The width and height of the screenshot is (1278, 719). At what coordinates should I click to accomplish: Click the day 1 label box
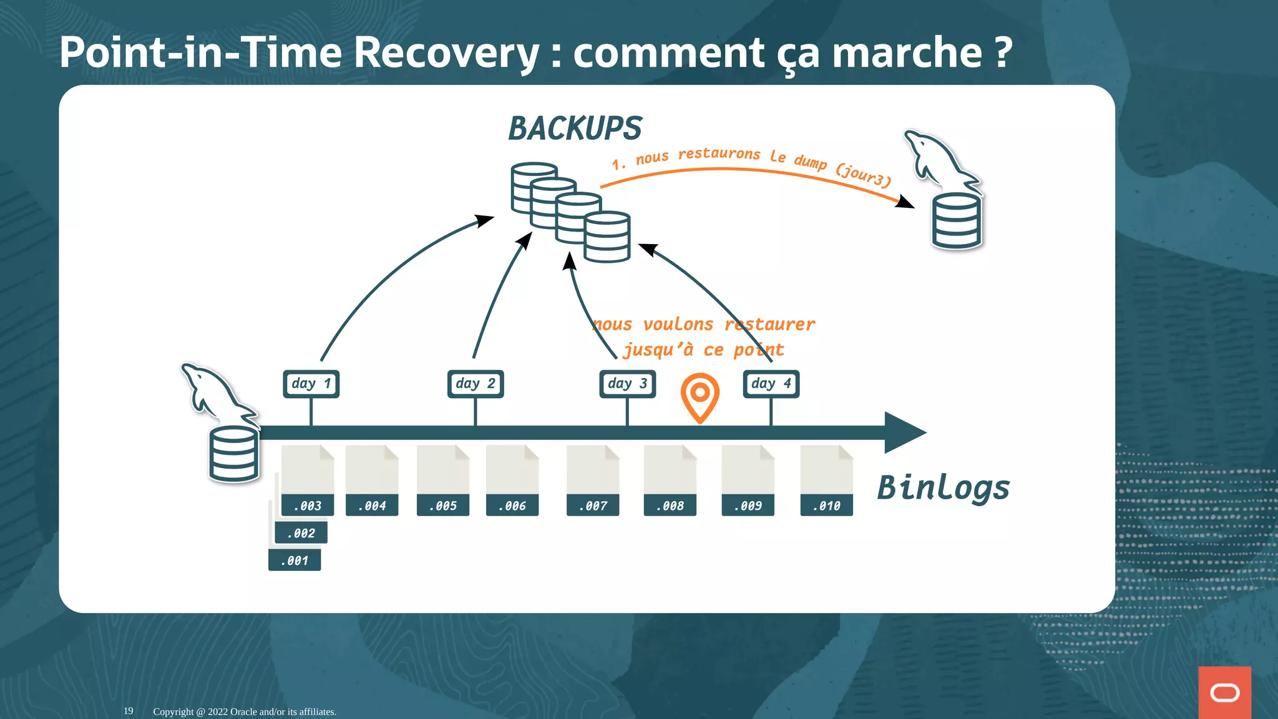[311, 384]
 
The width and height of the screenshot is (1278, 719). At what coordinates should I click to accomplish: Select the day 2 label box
[476, 384]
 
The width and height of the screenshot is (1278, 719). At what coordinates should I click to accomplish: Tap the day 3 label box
[627, 384]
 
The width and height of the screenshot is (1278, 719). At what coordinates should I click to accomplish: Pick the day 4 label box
[771, 384]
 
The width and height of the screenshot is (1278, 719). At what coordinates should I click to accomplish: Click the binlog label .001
[295, 560]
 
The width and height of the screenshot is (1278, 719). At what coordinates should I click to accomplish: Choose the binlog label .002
[301, 533]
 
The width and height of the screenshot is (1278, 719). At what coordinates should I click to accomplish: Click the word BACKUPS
[575, 129]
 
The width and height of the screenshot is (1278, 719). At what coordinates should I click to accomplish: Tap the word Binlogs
[943, 488]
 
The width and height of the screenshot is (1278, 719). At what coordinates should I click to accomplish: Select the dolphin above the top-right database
[939, 161]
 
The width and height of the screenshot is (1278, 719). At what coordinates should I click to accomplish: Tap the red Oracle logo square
[1224, 692]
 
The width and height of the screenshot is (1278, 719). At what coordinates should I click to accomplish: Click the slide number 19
[129, 711]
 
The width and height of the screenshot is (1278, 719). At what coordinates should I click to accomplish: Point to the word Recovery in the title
[446, 52]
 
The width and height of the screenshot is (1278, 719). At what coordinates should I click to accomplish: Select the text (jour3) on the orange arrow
[864, 175]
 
